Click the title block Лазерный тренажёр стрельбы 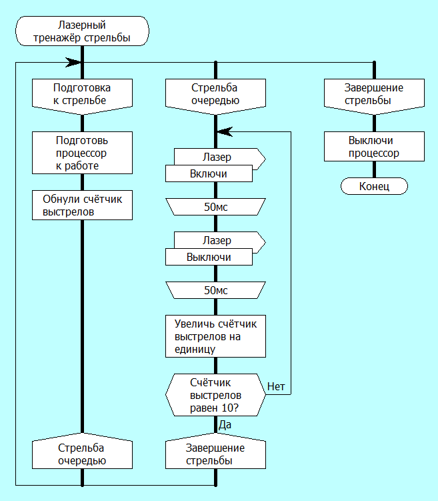coord(82,32)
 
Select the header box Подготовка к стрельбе coord(82,94)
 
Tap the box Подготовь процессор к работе coord(82,153)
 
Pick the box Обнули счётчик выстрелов coord(82,205)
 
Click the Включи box coord(209,173)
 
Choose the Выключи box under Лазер coord(209,257)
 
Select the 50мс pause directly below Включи coord(215,207)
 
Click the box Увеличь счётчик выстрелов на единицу coord(215,336)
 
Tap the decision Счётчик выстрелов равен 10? coord(215,394)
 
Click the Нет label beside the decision coord(277,386)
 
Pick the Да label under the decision coord(225,424)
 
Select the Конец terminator coord(374,186)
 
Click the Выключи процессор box coord(374,147)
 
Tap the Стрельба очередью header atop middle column coord(215,94)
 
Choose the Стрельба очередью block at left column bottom coord(82,454)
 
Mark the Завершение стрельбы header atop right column coord(374,94)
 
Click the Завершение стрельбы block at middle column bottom coord(215,454)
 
